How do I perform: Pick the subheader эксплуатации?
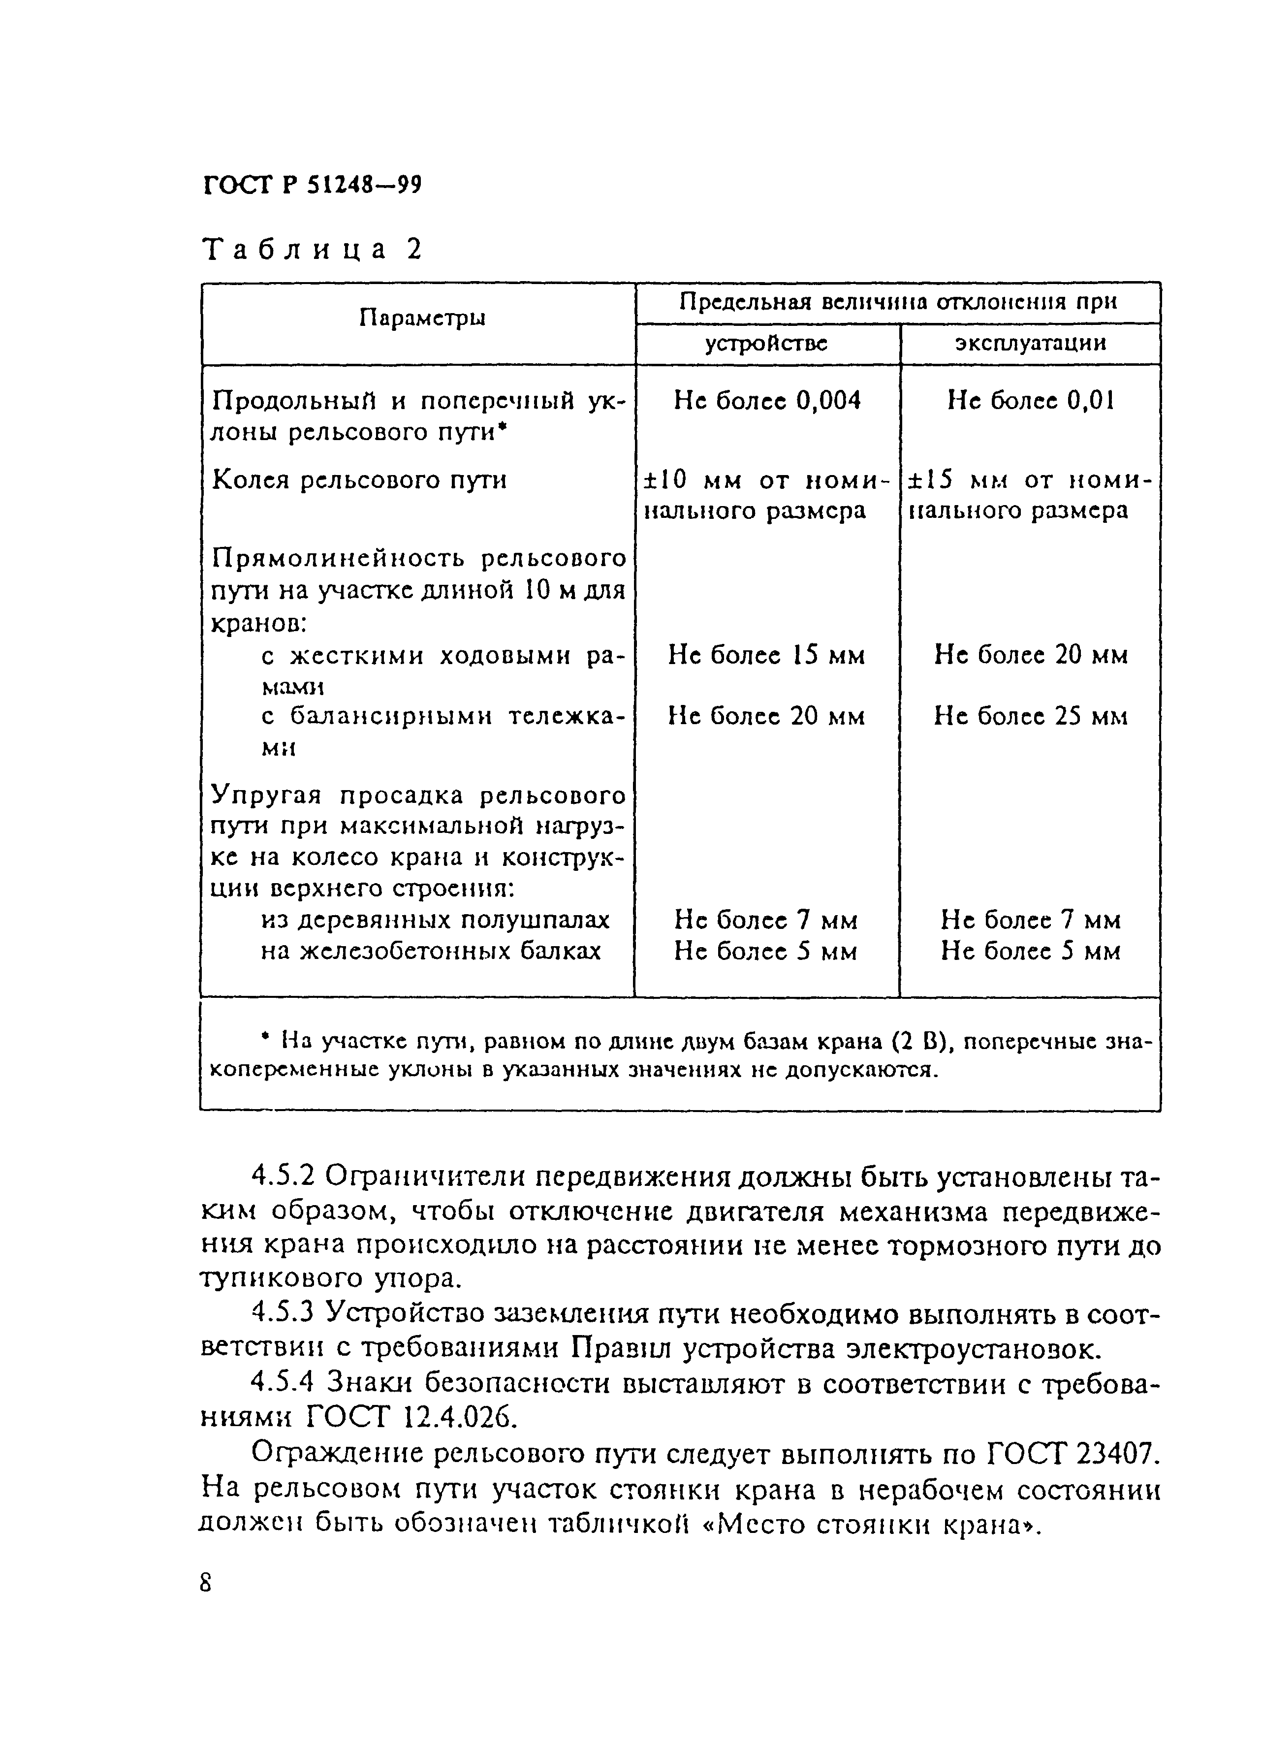pos(1030,343)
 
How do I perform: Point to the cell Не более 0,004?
pos(766,400)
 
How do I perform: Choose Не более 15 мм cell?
pos(766,655)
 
